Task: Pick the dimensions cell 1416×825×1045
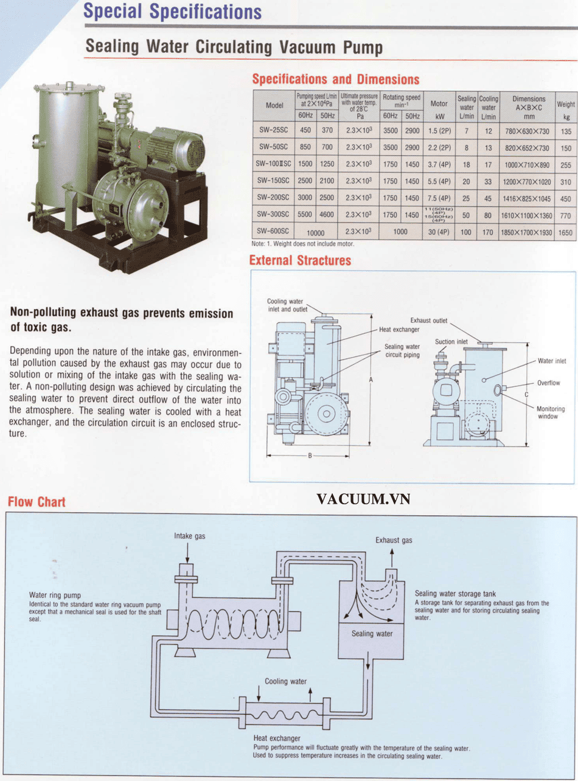point(528,198)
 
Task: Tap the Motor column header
point(439,104)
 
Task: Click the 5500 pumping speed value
point(305,215)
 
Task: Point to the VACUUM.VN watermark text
point(363,499)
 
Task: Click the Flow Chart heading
point(37,502)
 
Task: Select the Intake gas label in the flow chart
point(190,536)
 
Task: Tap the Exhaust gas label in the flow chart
point(394,540)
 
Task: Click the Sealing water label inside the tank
point(372,634)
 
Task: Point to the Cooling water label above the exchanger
point(285,681)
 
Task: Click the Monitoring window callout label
point(550,413)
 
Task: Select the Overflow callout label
point(548,383)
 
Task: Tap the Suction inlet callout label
point(451,342)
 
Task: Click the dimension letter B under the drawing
point(309,456)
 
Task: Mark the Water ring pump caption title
point(55,595)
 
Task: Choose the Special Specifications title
point(173,12)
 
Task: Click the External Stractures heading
point(300,261)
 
